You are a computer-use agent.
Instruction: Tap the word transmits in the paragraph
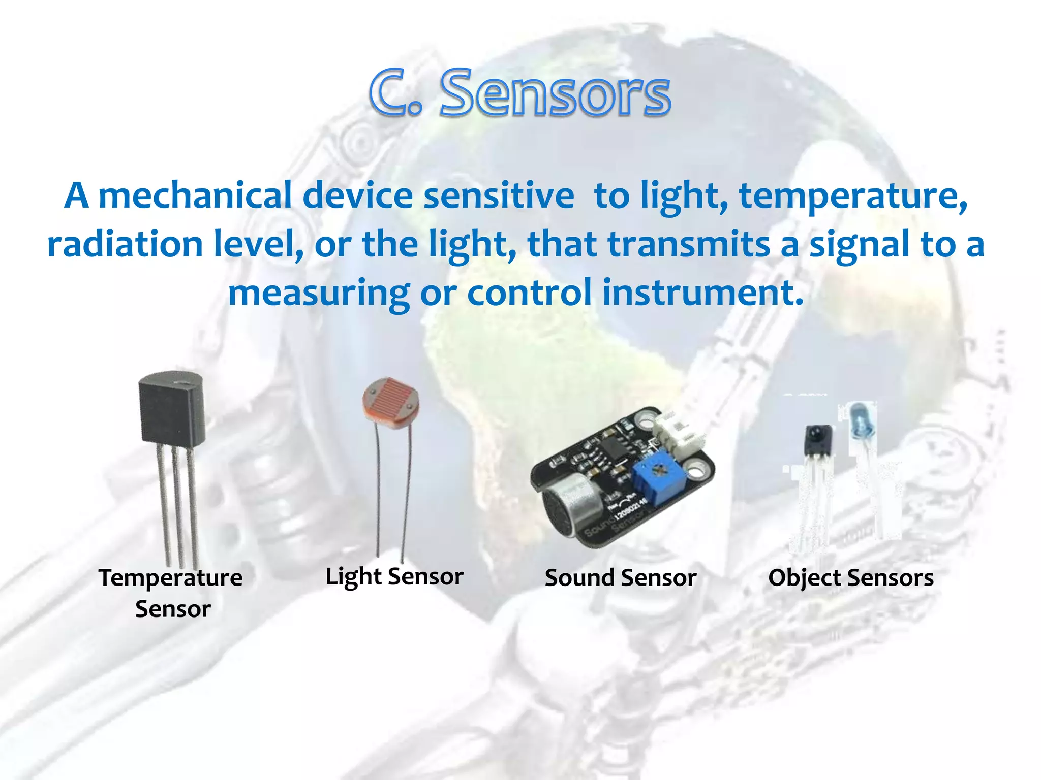pyautogui.click(x=689, y=244)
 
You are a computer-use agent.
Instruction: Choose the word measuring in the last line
pyautogui.click(x=319, y=293)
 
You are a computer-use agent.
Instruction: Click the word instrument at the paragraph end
pyautogui.click(x=702, y=293)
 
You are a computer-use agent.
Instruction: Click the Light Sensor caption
pyautogui.click(x=394, y=577)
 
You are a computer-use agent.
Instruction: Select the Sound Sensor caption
pyautogui.click(x=621, y=578)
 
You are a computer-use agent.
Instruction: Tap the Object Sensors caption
pyautogui.click(x=851, y=578)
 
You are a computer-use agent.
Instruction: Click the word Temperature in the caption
pyautogui.click(x=171, y=578)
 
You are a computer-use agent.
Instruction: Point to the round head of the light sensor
pyautogui.click(x=390, y=402)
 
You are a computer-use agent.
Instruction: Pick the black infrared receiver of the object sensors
pyautogui.click(x=818, y=439)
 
